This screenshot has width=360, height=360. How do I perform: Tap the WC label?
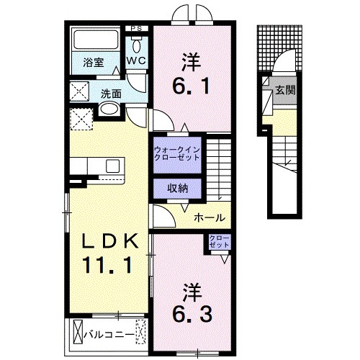[137, 62]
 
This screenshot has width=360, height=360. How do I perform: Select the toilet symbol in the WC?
[137, 45]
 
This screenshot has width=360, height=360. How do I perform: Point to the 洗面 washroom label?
[110, 93]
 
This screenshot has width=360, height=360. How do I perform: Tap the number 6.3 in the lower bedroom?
[191, 314]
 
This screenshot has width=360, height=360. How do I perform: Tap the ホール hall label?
[210, 217]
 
